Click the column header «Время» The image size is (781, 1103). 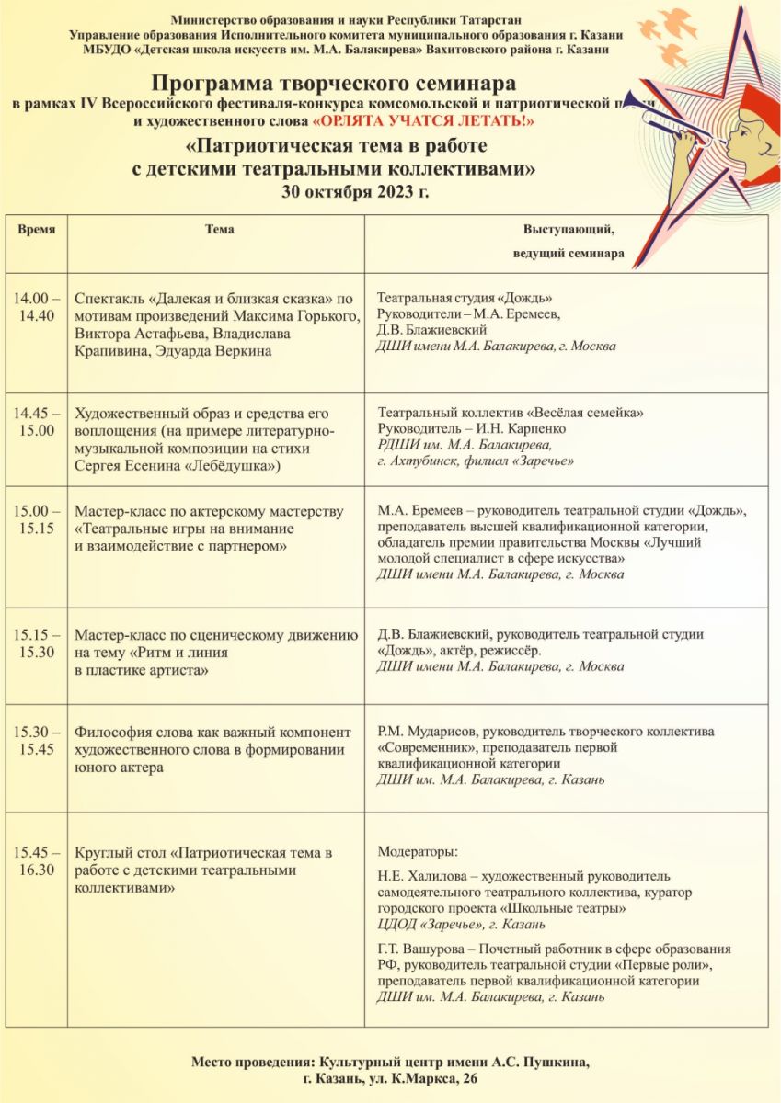point(36,230)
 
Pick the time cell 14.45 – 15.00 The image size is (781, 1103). point(36,422)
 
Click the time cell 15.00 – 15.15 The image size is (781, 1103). point(36,519)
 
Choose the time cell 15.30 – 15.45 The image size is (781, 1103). point(36,740)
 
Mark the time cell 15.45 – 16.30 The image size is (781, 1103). point(36,861)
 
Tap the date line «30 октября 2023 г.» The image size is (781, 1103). point(355,192)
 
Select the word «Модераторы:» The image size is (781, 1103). point(418,851)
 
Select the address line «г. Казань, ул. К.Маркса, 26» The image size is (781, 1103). point(392,1078)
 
